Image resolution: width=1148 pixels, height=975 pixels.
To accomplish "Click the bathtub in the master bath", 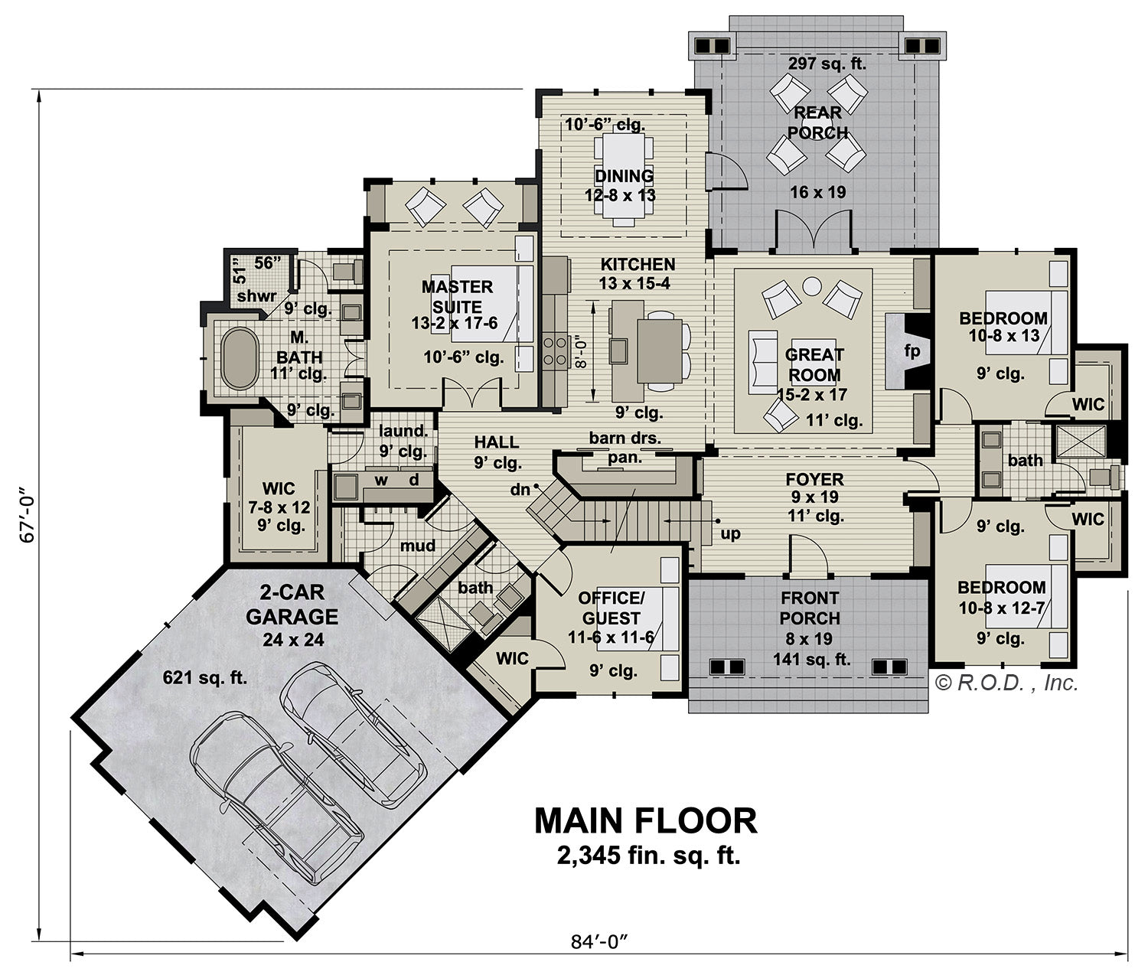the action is pos(240,359).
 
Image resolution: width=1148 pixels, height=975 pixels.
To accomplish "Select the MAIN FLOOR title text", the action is pos(645,821).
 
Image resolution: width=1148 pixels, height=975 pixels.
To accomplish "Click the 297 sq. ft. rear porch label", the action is pos(827,64).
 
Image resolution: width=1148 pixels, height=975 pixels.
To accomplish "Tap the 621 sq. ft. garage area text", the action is pos(204,677).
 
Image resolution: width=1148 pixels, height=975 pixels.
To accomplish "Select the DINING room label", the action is pos(625,175).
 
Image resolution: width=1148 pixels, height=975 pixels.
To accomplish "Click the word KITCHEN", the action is pos(638,264).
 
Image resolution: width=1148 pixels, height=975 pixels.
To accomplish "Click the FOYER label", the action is pos(815,478).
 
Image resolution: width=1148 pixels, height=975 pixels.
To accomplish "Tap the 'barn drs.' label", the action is pos(625,438).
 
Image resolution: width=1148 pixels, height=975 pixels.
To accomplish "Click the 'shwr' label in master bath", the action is pos(256,296).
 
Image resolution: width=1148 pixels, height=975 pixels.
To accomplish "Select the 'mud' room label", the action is pos(418,546).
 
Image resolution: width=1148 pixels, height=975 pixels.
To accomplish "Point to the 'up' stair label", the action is pos(730,533).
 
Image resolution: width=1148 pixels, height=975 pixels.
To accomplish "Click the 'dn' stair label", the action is pos(520,490).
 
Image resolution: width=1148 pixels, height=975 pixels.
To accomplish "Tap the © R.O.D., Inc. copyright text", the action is pos(1006,683).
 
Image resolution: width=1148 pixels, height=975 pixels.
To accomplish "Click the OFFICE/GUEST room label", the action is pos(611,608).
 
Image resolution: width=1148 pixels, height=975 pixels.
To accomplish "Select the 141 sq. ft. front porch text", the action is pos(812,659).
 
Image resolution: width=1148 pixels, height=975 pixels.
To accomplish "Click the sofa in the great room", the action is pos(763,362).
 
